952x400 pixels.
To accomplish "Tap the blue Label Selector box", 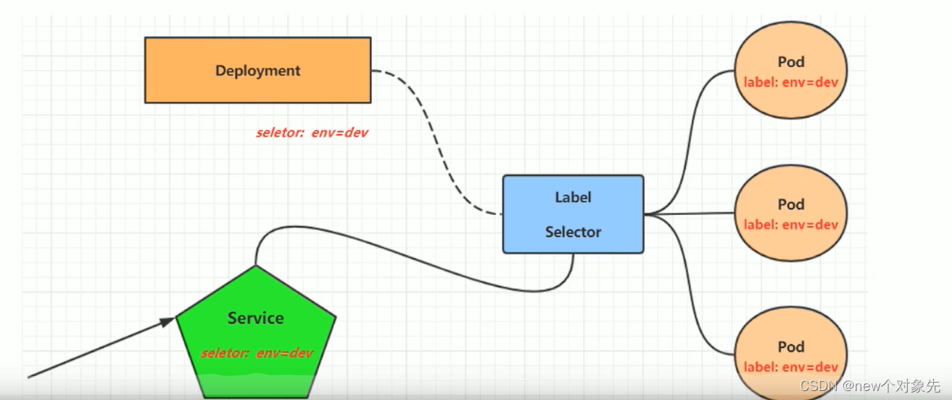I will (573, 214).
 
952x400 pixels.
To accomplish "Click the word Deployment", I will (258, 71).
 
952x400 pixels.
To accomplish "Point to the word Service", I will (255, 318).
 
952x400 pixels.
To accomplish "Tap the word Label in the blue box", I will (573, 198).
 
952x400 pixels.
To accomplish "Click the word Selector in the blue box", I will (573, 232).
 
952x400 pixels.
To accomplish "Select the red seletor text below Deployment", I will (312, 133).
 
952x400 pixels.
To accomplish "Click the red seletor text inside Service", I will (256, 353).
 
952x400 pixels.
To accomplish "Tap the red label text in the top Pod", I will (790, 82).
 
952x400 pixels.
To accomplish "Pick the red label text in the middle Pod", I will (790, 225).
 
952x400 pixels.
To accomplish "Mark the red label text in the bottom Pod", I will (790, 368).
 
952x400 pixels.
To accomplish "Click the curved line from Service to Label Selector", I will (421, 263).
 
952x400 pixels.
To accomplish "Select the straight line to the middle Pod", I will (691, 214).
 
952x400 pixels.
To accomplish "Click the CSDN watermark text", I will (869, 386).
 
